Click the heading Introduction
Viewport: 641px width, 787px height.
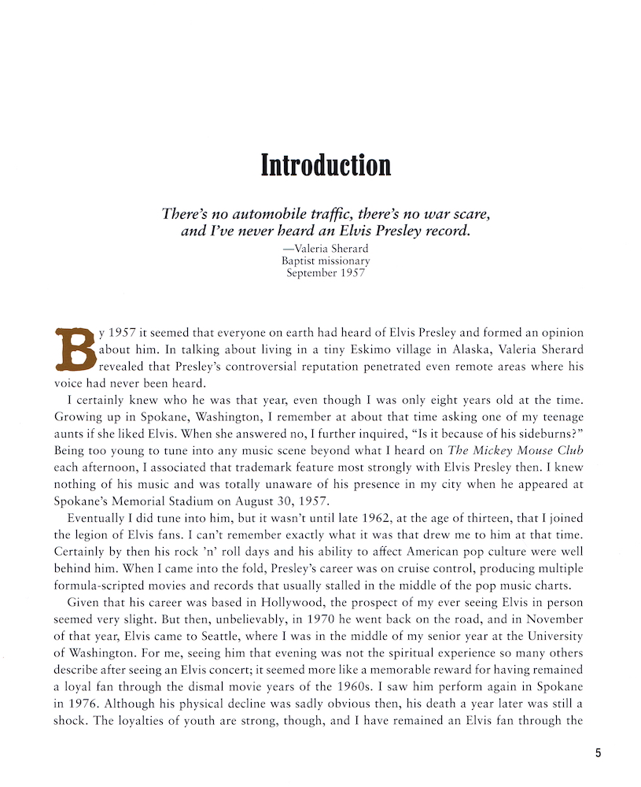(x=326, y=165)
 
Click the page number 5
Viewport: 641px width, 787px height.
(x=598, y=753)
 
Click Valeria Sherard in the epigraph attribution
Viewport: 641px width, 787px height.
(x=332, y=248)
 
